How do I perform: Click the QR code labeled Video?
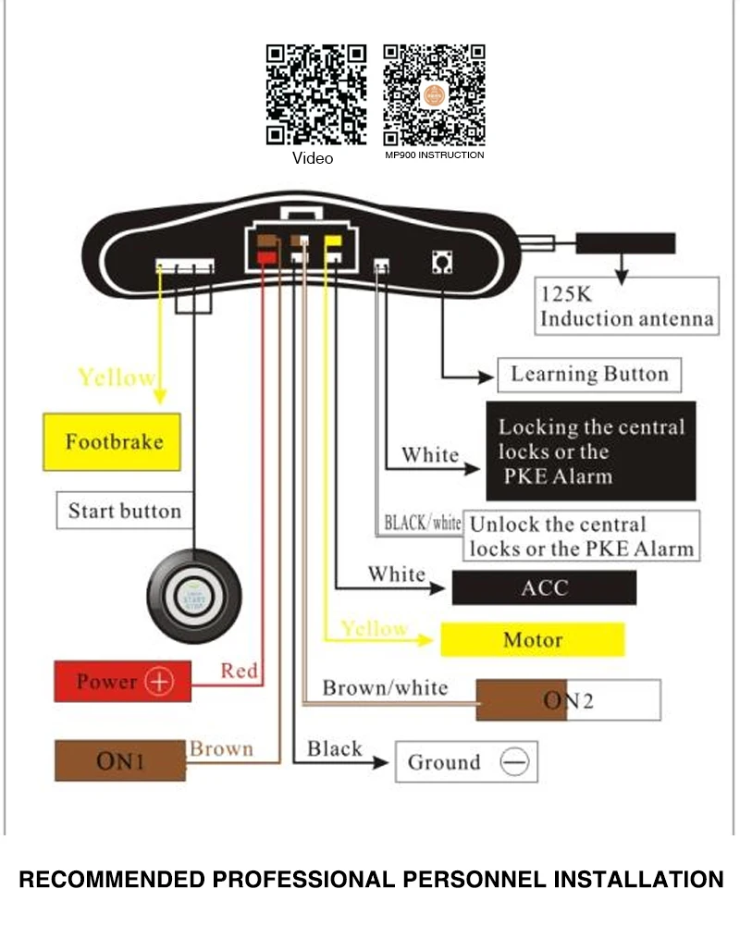point(316,94)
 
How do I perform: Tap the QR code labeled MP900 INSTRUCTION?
point(434,94)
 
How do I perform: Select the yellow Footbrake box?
point(112,442)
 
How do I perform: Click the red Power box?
point(123,682)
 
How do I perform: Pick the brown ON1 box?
point(120,760)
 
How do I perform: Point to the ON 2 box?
point(568,700)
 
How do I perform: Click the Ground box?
point(466,762)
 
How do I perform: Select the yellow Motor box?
point(533,639)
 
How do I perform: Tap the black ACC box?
point(544,587)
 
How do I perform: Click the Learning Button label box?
point(589,375)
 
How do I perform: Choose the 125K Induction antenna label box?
point(626,306)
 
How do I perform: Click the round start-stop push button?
point(193,597)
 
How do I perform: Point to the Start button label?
point(125,511)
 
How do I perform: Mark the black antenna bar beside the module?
point(625,243)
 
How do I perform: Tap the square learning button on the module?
point(442,262)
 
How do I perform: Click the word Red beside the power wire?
point(240,671)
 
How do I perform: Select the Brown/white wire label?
point(385,687)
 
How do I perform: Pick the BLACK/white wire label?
point(423,523)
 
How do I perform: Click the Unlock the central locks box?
point(581,536)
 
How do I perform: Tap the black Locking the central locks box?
point(590,451)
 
